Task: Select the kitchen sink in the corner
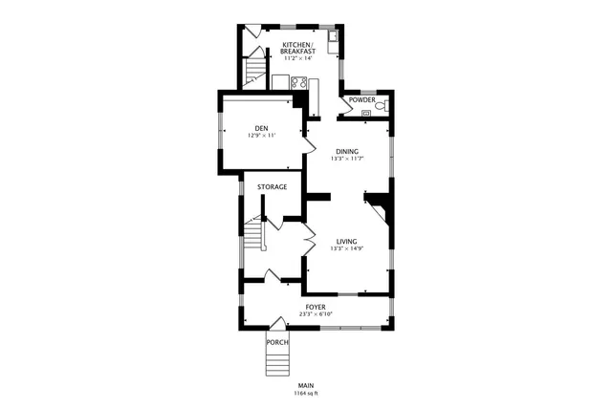pos(331,39)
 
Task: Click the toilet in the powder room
pos(381,107)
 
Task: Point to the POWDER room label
pos(361,99)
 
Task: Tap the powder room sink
pos(364,113)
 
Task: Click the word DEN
pos(260,128)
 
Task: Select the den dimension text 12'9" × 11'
pos(260,136)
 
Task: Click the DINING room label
pos(347,151)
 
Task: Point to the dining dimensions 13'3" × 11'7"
pos(347,159)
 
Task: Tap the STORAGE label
pos(272,186)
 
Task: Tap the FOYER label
pos(316,307)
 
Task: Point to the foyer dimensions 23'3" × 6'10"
pos(316,314)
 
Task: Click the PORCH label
pos(277,342)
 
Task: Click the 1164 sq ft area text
pos(305,393)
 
